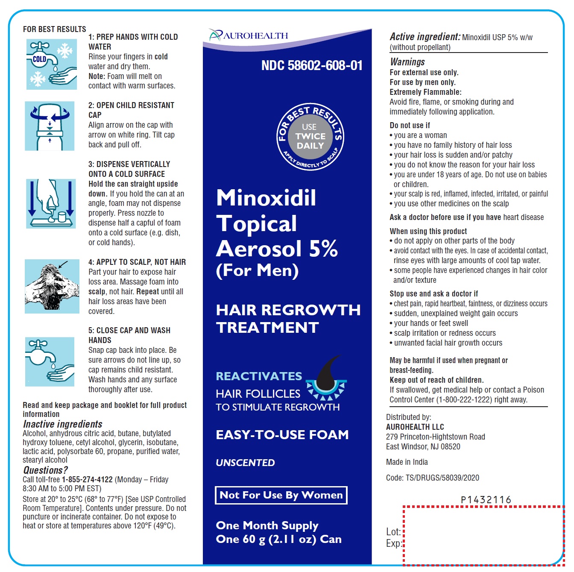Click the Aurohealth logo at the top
tap(249, 35)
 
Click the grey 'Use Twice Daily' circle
tap(310, 137)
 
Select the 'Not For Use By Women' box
tap(281, 495)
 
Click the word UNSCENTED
tap(245, 462)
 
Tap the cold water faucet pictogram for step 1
tap(52, 64)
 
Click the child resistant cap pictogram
tap(50, 126)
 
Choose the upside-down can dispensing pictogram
tap(51, 204)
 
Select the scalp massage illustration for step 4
tap(52, 286)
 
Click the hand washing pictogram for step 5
tap(50, 361)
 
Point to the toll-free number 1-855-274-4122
tap(87, 479)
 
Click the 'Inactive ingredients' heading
tap(62, 424)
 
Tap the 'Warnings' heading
tap(407, 62)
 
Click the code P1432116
tap(486, 499)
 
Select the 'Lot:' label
tap(393, 531)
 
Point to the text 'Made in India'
tap(407, 462)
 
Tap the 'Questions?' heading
tap(45, 470)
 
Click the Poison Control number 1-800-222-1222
tap(464, 399)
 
